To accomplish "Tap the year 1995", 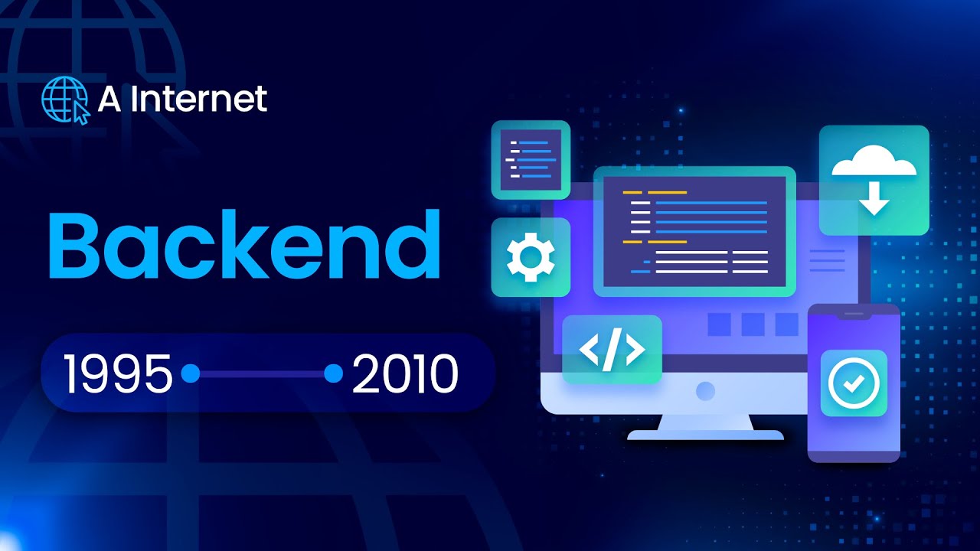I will [118, 374].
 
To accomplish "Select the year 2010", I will [405, 374].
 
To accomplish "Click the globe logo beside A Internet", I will [64, 99].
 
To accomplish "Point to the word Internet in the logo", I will [198, 99].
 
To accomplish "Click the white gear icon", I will [530, 257].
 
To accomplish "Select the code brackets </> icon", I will [612, 350].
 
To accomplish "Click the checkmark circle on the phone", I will [854, 383].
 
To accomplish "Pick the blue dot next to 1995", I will [191, 373].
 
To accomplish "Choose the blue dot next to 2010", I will [333, 373].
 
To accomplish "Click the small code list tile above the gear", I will [530, 159].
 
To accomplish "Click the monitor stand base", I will [705, 435].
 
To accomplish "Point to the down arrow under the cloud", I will [874, 200].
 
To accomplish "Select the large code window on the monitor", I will [694, 230].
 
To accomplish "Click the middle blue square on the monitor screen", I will [753, 324].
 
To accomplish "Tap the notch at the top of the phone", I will [854, 314].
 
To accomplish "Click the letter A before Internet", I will [109, 99].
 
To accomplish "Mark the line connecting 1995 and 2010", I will [262, 374].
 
